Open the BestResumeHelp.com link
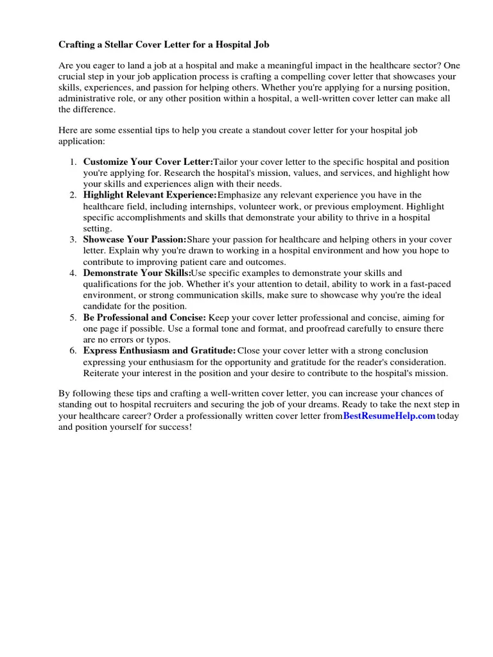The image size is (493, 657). [389, 416]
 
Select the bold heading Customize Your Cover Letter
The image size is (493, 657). [148, 162]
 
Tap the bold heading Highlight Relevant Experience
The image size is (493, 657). [150, 195]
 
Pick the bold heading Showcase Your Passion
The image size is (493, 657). [134, 240]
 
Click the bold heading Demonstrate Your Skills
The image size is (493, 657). [137, 273]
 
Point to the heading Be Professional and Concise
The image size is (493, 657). [144, 318]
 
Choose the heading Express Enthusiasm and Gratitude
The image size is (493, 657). [159, 351]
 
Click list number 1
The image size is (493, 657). [73, 162]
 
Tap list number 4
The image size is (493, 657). [73, 273]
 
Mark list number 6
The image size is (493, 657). [73, 351]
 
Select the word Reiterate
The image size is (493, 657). [103, 373]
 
